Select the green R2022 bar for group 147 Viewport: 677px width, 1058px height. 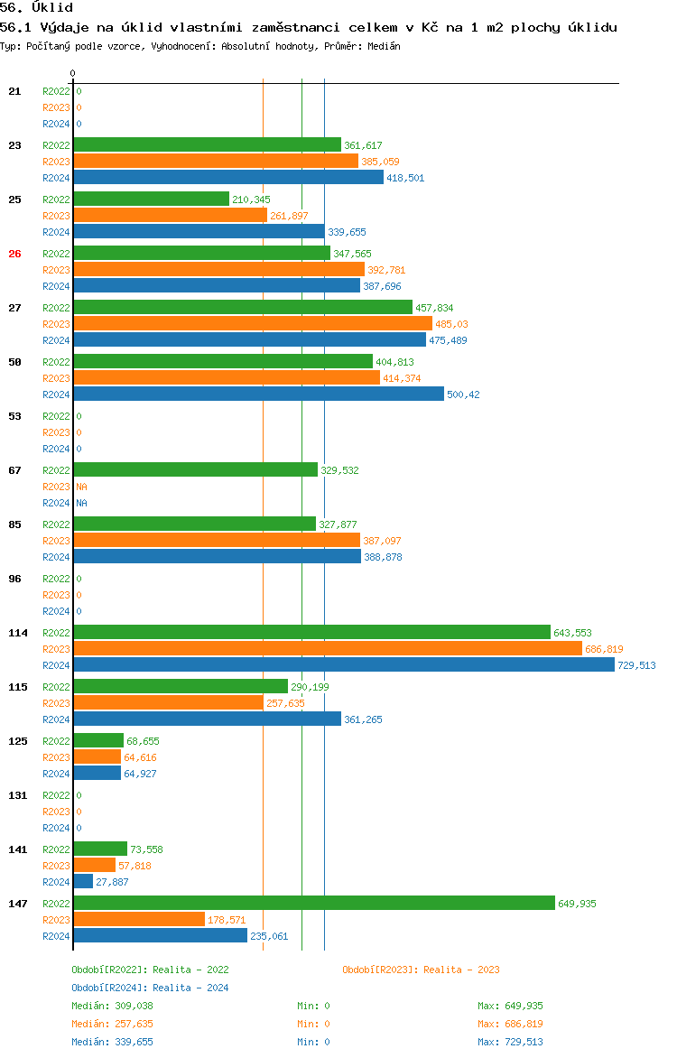click(313, 904)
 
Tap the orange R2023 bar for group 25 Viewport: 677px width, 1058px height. click(170, 216)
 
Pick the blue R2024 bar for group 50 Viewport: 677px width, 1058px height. click(258, 394)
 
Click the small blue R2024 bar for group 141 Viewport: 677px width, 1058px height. click(83, 882)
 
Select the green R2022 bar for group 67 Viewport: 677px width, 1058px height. click(195, 470)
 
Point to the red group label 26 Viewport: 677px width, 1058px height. click(14, 254)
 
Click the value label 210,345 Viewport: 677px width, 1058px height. click(251, 200)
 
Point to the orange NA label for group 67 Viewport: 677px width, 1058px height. click(81, 487)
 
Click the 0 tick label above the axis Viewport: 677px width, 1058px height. click(73, 73)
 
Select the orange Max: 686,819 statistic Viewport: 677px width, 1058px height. click(510, 1024)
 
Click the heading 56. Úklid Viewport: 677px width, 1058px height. click(36, 8)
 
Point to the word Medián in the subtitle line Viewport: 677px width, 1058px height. click(385, 46)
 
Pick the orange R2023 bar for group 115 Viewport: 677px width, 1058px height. click(168, 703)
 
